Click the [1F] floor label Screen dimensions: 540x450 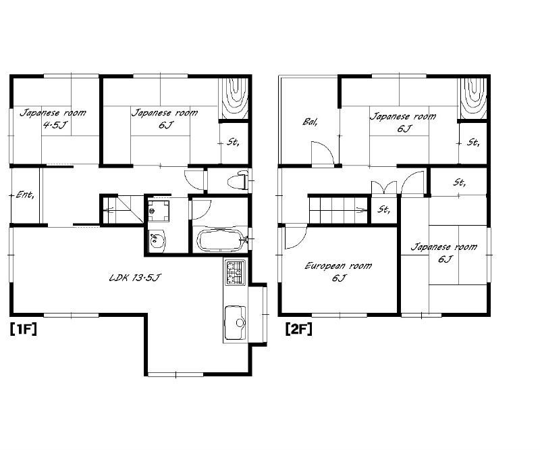(23, 329)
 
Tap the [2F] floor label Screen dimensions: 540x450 (298, 329)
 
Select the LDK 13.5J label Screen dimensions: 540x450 (134, 277)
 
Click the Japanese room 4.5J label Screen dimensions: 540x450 (53, 118)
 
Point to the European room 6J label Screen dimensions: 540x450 (338, 272)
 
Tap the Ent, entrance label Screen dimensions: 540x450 (25, 195)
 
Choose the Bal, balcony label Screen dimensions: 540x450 (310, 122)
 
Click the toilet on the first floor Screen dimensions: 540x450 (238, 180)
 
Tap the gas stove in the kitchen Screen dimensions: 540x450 (235, 272)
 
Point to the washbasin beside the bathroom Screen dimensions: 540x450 (157, 240)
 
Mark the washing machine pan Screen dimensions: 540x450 (159, 210)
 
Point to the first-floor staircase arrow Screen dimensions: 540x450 (111, 209)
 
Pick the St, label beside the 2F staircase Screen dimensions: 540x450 (383, 209)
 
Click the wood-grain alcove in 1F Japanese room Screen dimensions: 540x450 (233, 99)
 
